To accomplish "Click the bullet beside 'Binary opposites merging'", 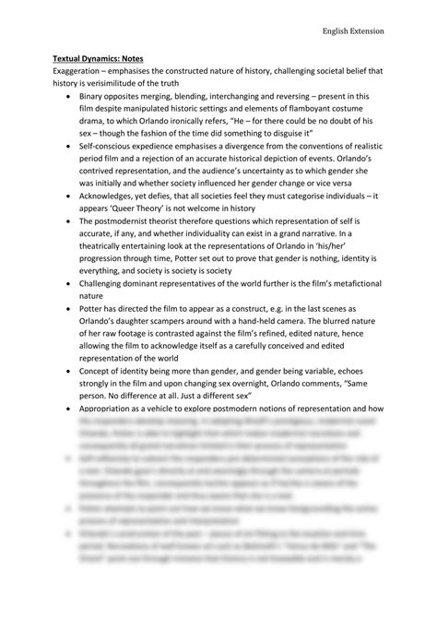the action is [72, 96].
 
